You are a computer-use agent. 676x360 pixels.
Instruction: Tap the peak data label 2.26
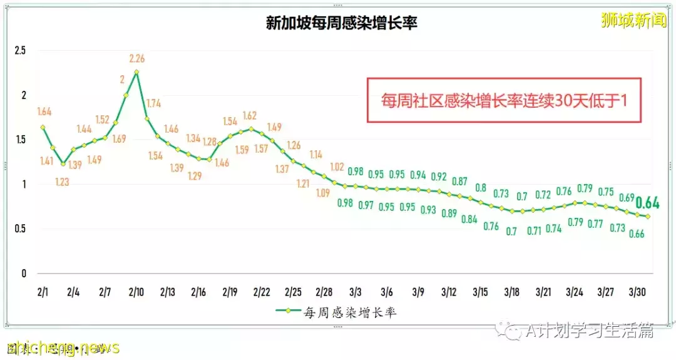(137, 59)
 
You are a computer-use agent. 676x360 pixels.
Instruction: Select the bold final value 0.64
(647, 203)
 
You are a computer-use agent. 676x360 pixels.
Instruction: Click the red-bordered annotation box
(504, 100)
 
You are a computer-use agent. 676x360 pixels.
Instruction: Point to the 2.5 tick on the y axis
(20, 51)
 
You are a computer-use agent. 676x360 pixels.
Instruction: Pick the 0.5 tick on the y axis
(20, 229)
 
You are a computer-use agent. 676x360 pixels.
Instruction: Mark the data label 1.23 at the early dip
(63, 182)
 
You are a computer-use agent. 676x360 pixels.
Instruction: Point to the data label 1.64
(44, 112)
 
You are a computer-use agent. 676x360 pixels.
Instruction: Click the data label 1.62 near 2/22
(250, 116)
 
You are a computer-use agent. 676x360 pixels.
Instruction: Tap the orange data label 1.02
(337, 167)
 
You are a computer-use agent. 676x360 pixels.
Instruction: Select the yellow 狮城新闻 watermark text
(629, 21)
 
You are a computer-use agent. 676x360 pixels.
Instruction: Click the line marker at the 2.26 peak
(136, 72)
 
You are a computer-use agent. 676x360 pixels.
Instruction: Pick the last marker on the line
(648, 217)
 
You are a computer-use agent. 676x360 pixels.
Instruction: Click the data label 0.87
(460, 182)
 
